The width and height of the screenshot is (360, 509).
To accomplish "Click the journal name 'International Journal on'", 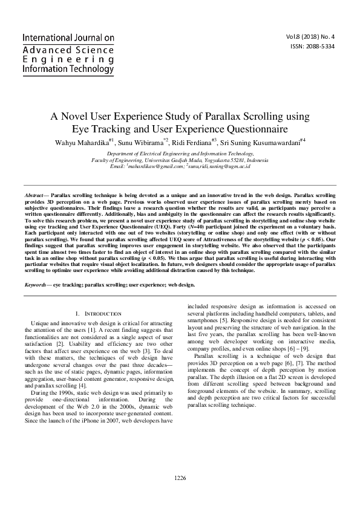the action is [68, 37].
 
